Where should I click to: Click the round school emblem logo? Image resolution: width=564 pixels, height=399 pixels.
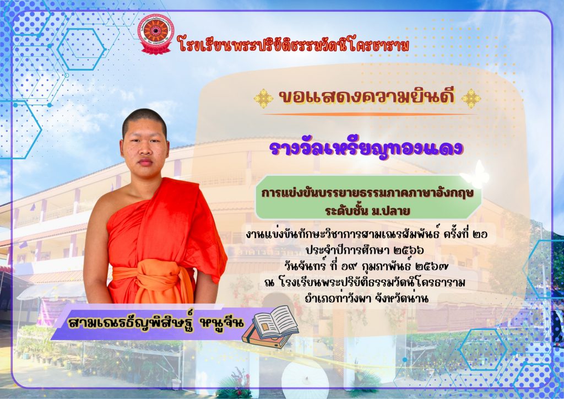(156, 34)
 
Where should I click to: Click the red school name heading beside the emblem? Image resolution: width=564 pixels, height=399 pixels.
(294, 46)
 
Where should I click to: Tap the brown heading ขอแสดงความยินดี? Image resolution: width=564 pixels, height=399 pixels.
(367, 97)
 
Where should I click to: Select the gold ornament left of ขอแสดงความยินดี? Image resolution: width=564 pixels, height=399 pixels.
(263, 98)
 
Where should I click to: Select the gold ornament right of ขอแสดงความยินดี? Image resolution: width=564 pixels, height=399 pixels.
(471, 98)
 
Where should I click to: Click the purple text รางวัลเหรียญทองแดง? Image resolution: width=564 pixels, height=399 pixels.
(366, 148)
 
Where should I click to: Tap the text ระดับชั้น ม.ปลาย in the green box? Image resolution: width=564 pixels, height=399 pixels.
(367, 211)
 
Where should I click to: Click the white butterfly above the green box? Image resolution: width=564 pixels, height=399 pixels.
(475, 175)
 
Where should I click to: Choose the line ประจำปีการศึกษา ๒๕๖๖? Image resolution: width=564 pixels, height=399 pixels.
(365, 250)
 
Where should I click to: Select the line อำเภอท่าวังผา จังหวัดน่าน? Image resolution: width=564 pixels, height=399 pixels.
(366, 298)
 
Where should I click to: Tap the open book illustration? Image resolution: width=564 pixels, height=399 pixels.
(270, 327)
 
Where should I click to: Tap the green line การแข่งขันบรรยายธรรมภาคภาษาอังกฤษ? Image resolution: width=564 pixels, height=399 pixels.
(367, 193)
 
